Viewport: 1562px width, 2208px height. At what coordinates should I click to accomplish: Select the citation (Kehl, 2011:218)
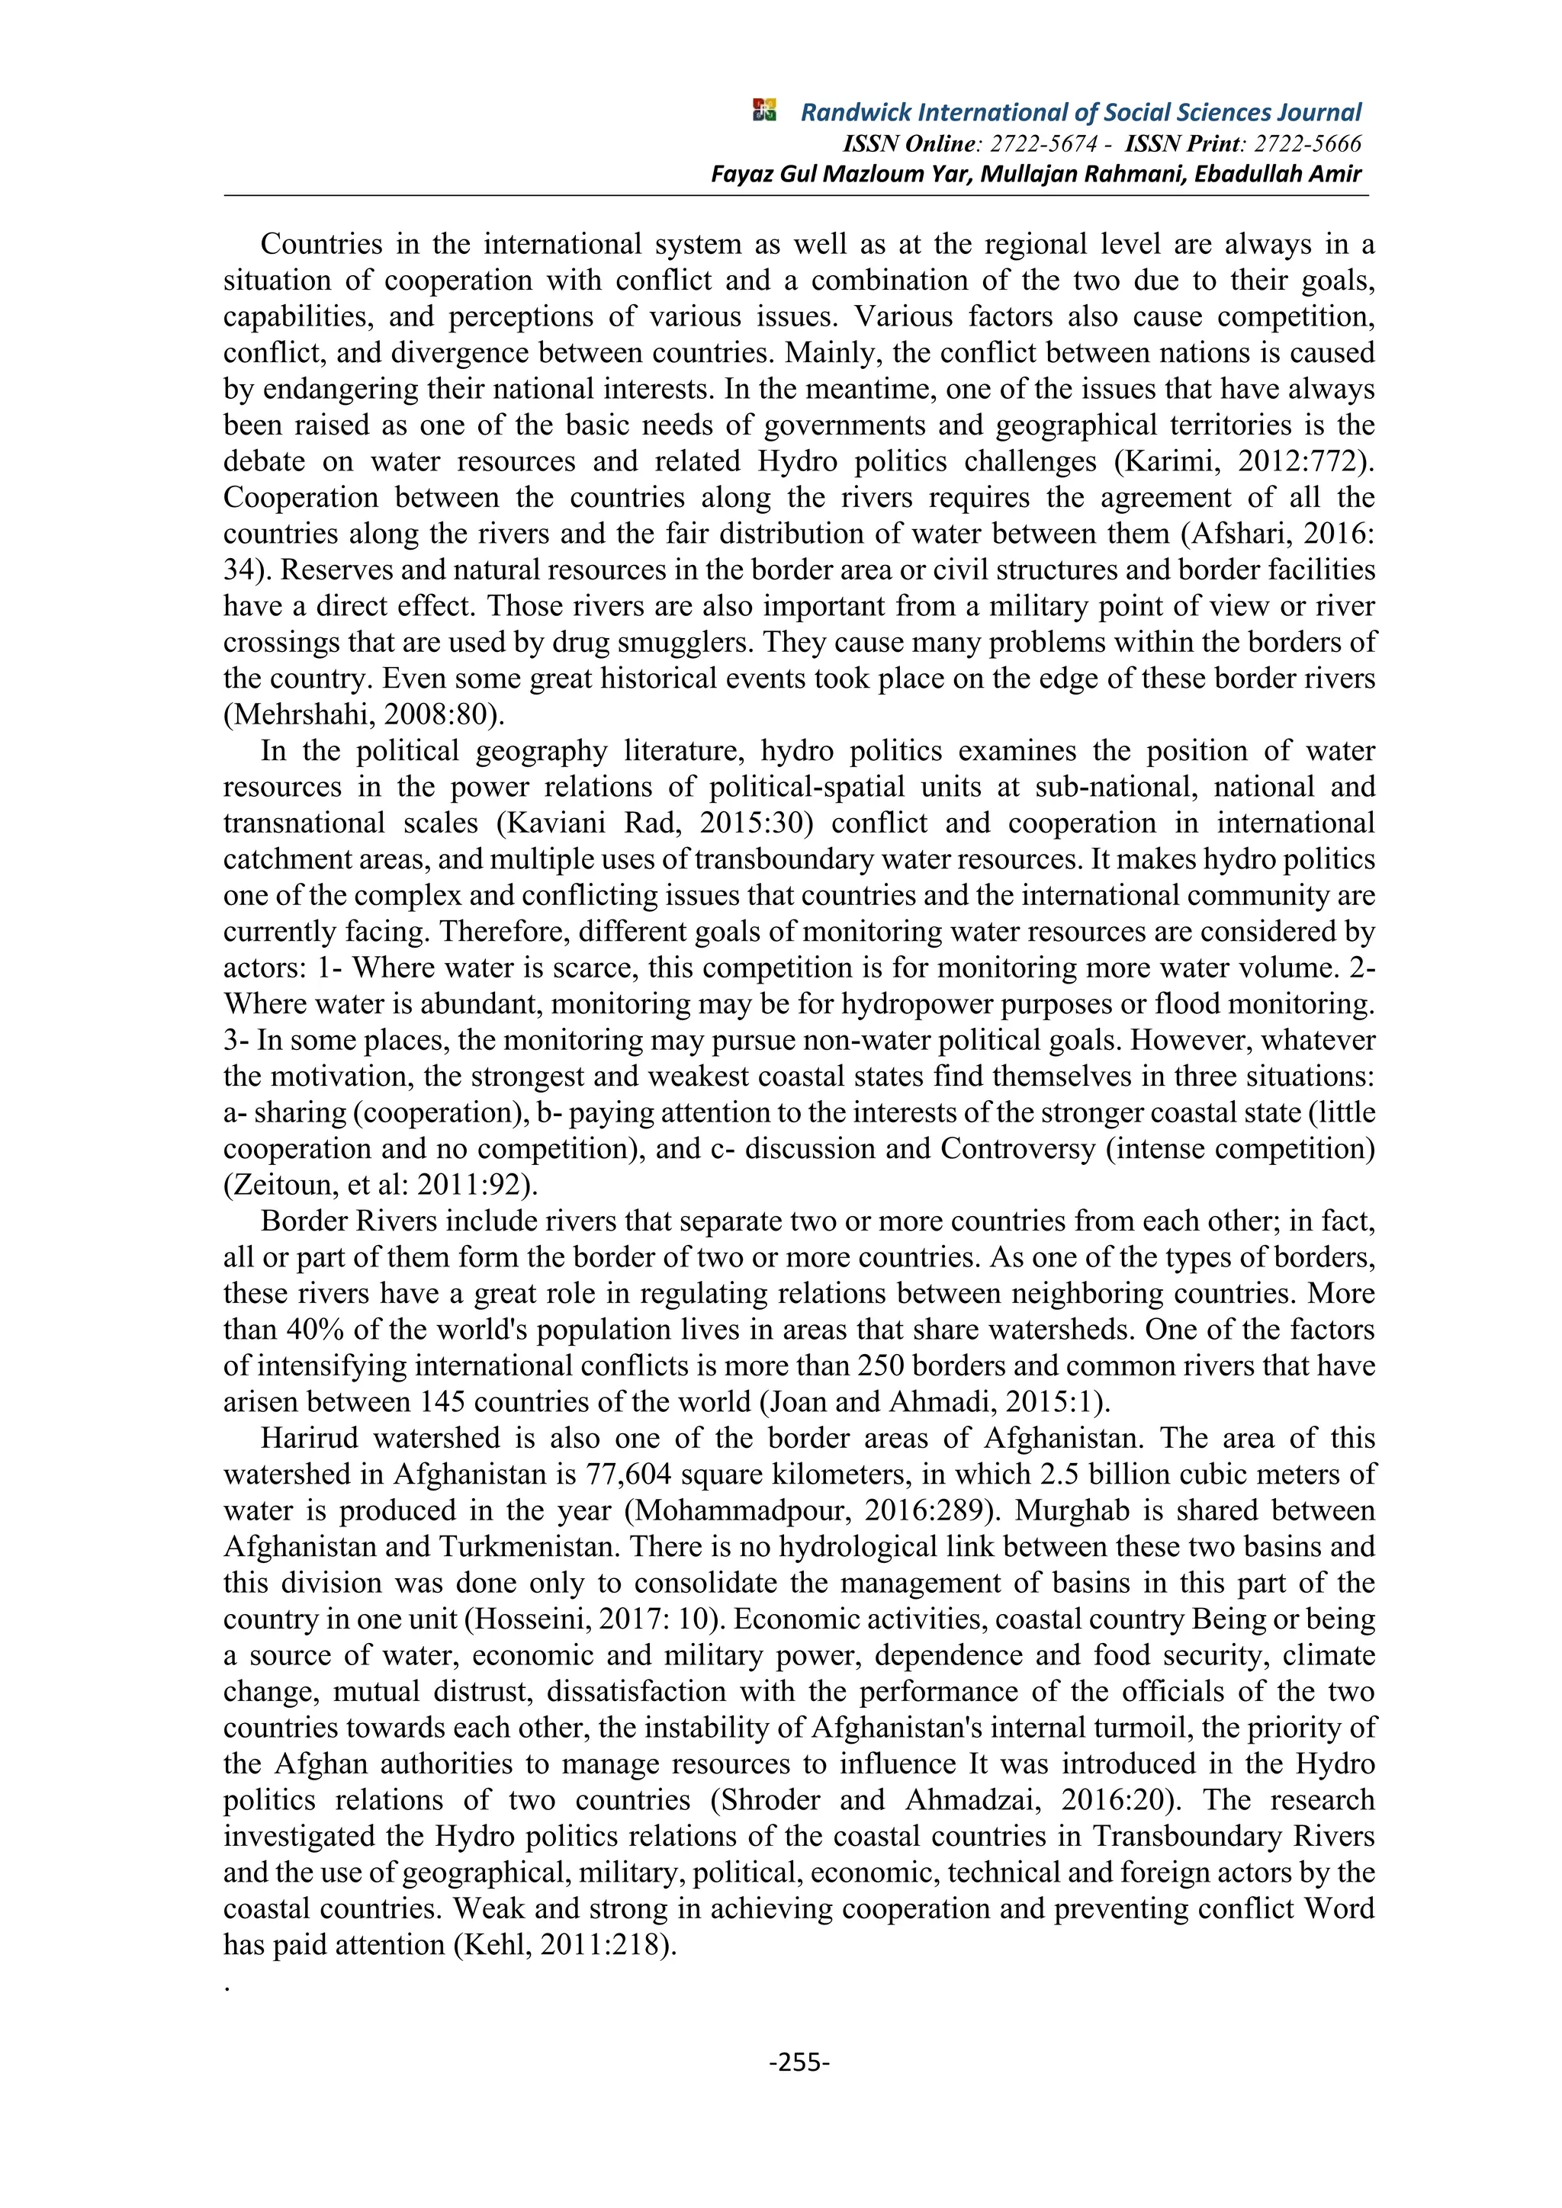(x=564, y=1944)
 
